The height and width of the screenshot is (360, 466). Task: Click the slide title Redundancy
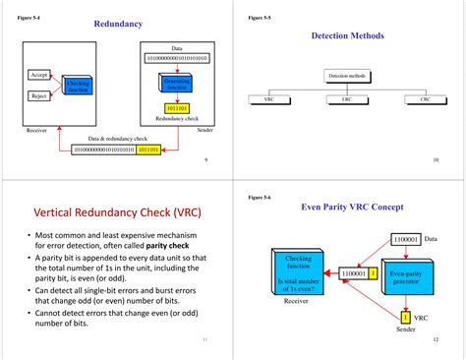tap(118, 23)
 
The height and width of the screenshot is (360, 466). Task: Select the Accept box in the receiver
tap(39, 75)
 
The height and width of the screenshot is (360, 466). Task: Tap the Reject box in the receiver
tap(39, 95)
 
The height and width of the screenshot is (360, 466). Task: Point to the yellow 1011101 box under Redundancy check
tap(177, 108)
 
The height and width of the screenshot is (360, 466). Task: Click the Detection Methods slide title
tap(347, 35)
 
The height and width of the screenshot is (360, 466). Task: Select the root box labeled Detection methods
tap(346, 75)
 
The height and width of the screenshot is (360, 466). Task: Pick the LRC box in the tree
tap(347, 99)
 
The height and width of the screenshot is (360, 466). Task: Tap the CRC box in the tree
tap(424, 99)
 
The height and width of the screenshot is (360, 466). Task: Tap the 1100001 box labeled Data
tap(404, 239)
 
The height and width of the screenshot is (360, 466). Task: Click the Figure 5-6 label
tap(261, 198)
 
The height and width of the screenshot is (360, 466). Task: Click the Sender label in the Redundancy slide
tap(204, 129)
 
